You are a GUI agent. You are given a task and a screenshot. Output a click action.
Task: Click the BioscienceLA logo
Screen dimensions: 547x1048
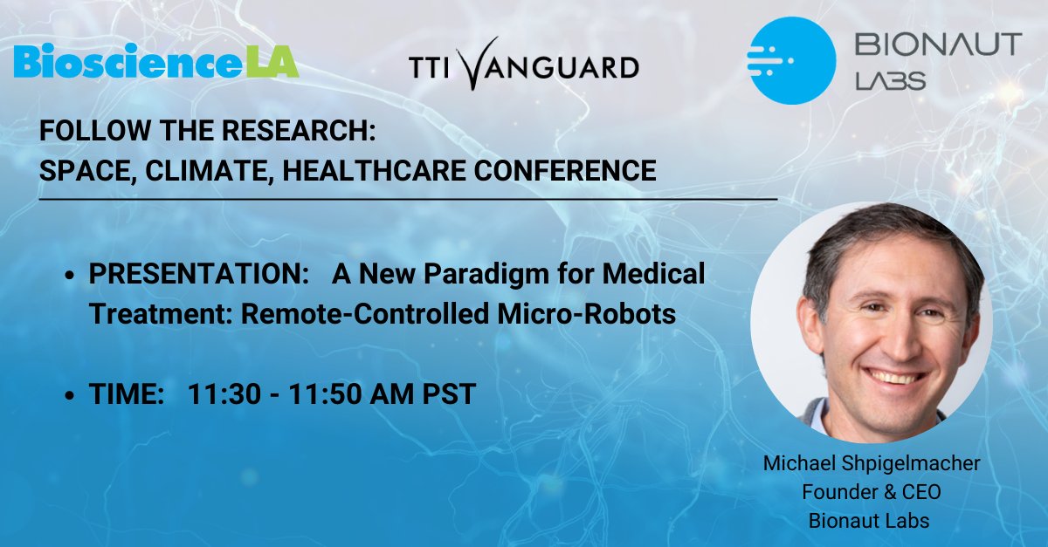click(x=156, y=62)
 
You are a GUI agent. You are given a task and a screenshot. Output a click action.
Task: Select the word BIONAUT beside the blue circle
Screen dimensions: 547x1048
click(x=938, y=44)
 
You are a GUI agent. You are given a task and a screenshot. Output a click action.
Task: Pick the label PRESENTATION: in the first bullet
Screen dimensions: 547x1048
click(x=193, y=275)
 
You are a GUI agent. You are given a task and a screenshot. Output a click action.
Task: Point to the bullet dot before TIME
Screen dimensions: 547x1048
click(x=71, y=396)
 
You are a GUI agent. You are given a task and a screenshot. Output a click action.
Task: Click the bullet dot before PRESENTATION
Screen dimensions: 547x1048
click(x=71, y=277)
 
